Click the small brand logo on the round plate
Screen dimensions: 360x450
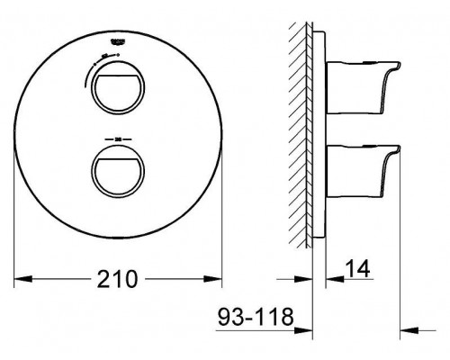click(x=119, y=40)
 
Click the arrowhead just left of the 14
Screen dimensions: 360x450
click(x=328, y=278)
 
